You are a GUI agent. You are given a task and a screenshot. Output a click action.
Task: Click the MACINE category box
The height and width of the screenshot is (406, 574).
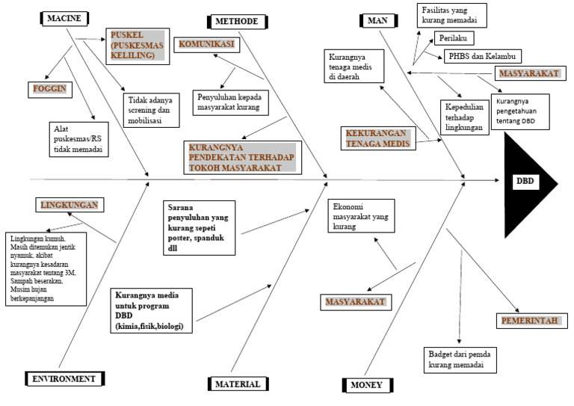click(64, 16)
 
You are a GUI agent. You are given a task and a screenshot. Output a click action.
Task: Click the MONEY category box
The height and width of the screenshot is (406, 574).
click(365, 385)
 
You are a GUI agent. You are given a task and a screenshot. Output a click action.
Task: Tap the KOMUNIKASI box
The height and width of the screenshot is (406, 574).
click(206, 44)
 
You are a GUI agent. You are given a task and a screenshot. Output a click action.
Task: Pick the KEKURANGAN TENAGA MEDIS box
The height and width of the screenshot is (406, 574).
click(378, 138)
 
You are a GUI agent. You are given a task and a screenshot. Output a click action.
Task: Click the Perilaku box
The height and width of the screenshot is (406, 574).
click(455, 37)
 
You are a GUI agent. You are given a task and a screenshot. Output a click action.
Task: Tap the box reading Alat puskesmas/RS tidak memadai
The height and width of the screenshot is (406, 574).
click(78, 138)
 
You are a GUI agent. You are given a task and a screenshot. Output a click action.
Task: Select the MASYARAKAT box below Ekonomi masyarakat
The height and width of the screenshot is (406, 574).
click(355, 301)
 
